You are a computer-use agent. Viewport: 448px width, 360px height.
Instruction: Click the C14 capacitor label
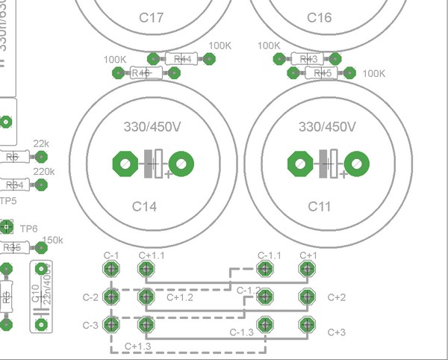pos(144,205)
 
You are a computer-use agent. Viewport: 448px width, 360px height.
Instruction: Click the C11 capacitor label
pos(319,205)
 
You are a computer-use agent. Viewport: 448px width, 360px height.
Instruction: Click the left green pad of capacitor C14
pos(122,164)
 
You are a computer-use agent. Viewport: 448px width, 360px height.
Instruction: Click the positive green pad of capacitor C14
pos(181,164)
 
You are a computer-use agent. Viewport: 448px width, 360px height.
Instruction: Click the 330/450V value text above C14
pos(152,127)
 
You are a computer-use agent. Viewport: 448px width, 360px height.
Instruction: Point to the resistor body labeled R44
pos(181,58)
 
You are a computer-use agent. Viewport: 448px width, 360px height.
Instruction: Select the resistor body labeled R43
pos(308,58)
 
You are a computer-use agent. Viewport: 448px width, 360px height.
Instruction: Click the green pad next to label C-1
pos(111,269)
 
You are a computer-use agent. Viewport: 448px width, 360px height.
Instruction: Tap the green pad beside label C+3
pos(305,324)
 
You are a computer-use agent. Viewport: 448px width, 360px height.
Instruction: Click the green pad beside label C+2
pos(305,297)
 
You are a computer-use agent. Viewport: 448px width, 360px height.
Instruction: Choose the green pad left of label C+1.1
pos(145,269)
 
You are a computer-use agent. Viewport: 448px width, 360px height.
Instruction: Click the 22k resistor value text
pos(42,143)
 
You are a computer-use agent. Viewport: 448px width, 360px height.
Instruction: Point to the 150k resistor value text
pos(52,240)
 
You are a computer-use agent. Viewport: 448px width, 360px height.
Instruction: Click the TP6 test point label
pos(28,228)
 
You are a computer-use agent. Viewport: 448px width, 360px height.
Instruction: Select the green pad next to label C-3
pos(111,324)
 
